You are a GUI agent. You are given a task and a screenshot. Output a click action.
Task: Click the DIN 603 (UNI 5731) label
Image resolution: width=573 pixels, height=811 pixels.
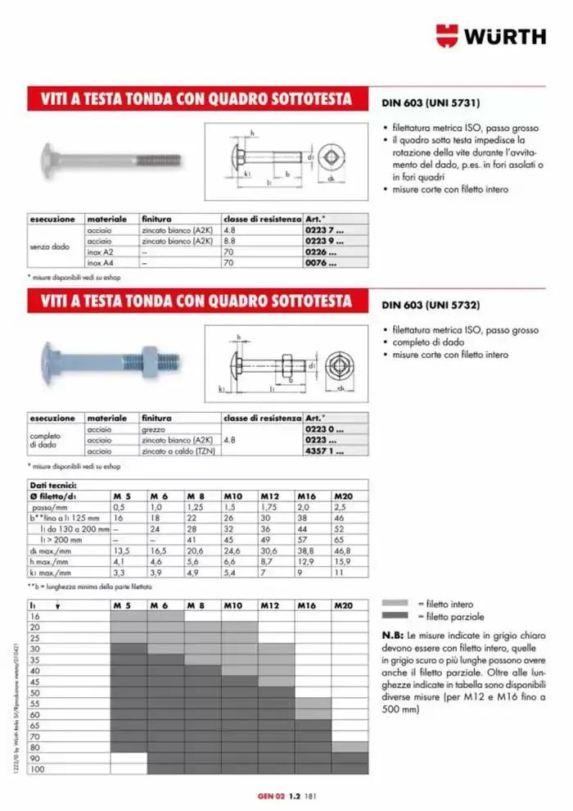(430, 104)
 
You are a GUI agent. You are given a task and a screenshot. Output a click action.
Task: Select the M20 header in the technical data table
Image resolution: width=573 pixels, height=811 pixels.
(345, 496)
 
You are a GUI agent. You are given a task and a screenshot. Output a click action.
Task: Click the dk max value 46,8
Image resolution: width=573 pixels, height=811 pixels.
(344, 550)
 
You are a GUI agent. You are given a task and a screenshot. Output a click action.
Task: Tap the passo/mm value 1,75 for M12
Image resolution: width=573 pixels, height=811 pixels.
(271, 508)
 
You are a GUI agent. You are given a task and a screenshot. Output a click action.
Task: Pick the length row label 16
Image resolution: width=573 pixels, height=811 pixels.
(34, 616)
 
